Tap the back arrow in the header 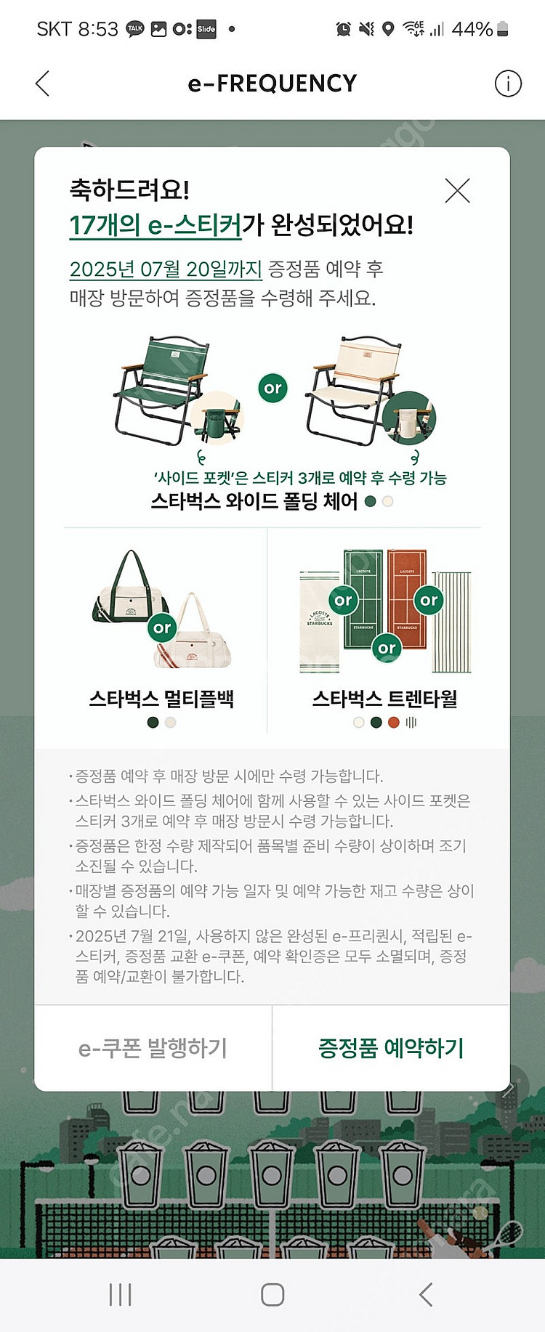click(x=43, y=84)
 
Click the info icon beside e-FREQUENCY click(x=508, y=84)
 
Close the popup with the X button click(x=457, y=191)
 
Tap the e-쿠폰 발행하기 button click(x=153, y=1048)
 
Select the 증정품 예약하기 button click(x=391, y=1048)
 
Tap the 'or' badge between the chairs click(x=272, y=389)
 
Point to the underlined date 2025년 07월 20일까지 click(x=166, y=269)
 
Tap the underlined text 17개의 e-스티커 click(x=155, y=225)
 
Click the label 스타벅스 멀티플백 click(x=161, y=699)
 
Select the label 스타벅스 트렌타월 click(x=385, y=699)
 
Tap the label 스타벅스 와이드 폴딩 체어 click(x=254, y=501)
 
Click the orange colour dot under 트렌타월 click(x=394, y=723)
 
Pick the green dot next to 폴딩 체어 click(x=370, y=501)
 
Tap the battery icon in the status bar click(x=502, y=29)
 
